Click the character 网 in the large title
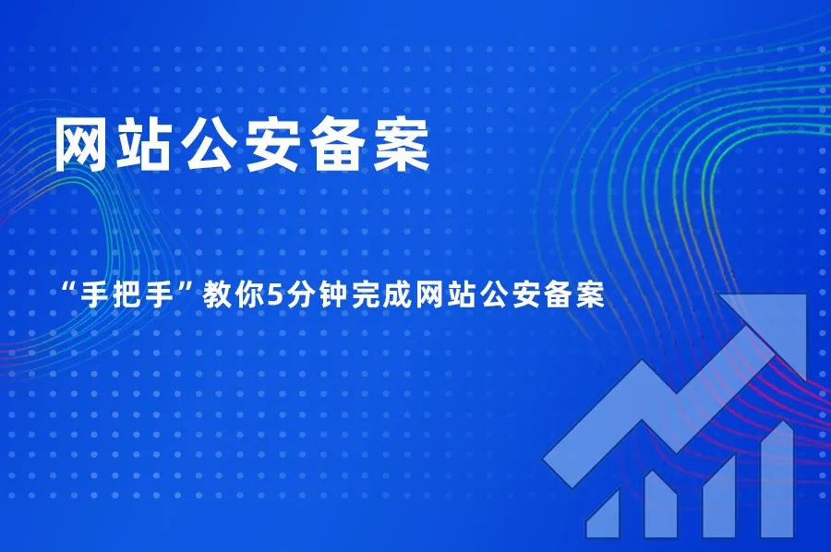coord(84,146)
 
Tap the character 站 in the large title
coord(146,146)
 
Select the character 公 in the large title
coord(210,146)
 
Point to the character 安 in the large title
coord(273,146)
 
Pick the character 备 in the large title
coord(337,146)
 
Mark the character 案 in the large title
coord(400,146)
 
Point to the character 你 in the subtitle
coord(248,297)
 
